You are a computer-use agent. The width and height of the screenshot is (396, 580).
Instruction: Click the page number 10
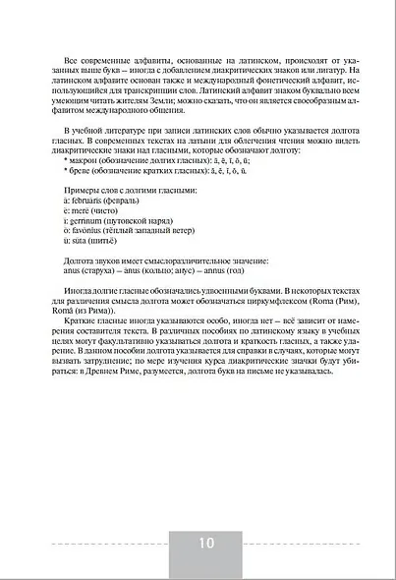(205, 544)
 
